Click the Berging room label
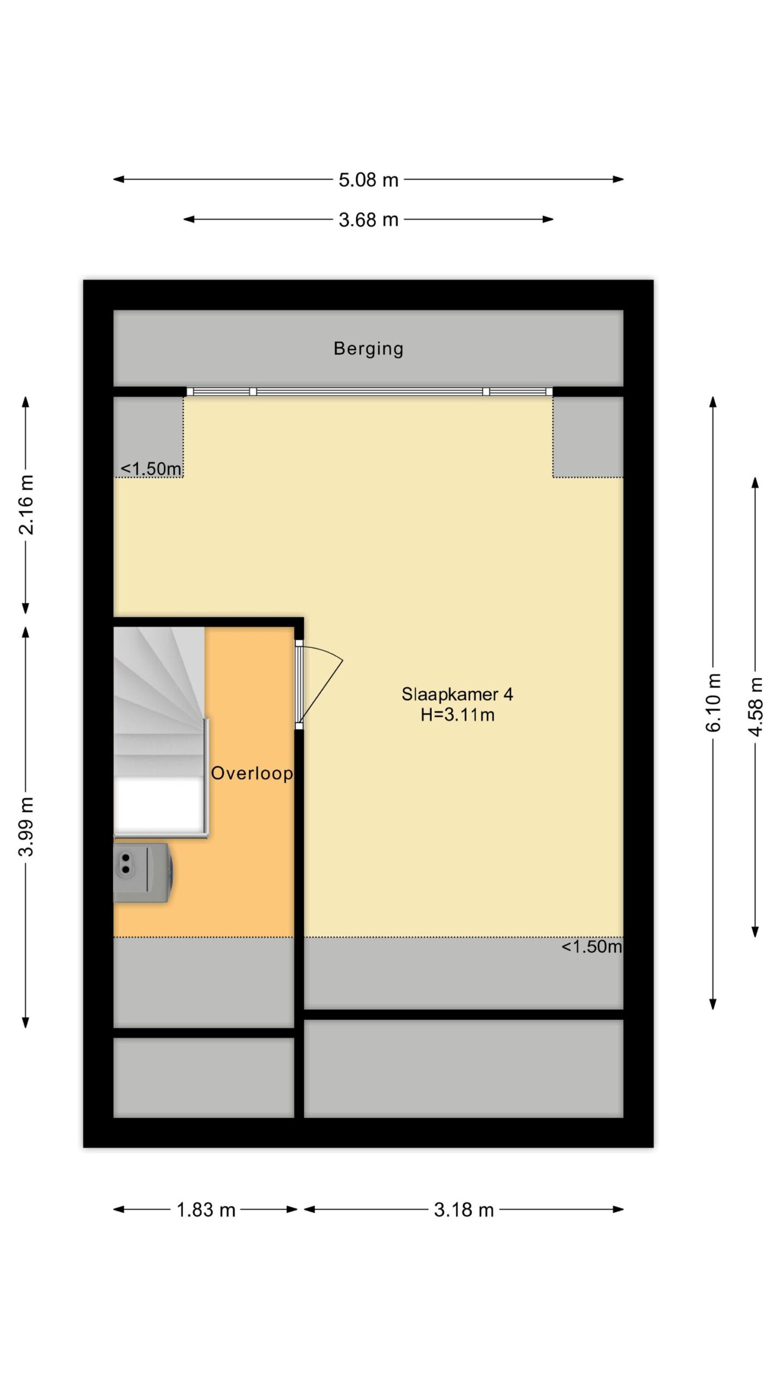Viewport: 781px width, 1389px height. [368, 349]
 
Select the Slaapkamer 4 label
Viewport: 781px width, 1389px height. [457, 694]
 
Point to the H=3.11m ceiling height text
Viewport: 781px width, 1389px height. [457, 715]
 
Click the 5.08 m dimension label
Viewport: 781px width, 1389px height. [368, 180]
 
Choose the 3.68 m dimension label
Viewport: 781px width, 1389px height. [368, 220]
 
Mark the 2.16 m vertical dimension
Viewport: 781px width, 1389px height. [26, 505]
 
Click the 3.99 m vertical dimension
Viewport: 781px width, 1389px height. [26, 826]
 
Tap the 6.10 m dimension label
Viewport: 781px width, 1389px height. [713, 703]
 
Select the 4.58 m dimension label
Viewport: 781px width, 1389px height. [756, 706]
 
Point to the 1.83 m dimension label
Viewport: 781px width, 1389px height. [206, 1210]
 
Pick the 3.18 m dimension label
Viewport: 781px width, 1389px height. [464, 1210]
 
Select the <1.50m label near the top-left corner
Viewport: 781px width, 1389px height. [151, 469]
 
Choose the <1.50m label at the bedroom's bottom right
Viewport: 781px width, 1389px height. [591, 947]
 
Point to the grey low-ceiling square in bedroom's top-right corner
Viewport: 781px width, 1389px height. [588, 437]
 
